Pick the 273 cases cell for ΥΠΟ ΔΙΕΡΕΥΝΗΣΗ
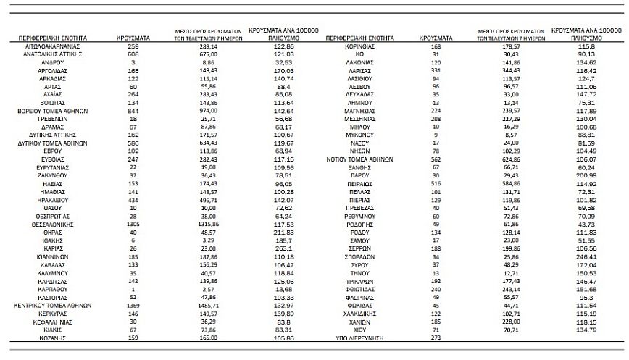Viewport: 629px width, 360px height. (x=436, y=338)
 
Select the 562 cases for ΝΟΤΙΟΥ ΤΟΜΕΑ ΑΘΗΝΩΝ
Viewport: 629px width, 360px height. (x=436, y=159)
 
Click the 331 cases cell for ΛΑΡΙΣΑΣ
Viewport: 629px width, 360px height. (x=436, y=70)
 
